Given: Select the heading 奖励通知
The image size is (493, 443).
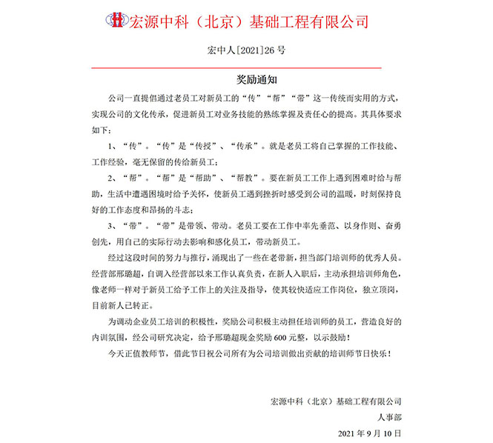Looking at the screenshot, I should point(246,77).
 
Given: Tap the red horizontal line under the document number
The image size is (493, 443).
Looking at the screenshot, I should point(245,67).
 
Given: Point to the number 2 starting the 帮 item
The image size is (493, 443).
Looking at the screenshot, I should point(110,178).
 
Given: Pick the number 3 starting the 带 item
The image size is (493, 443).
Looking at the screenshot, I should point(110,224).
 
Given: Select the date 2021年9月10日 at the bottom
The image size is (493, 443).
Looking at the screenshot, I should point(369,432).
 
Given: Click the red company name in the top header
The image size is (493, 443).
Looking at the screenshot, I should point(249,20).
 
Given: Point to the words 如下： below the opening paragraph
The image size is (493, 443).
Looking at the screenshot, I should point(104,127).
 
